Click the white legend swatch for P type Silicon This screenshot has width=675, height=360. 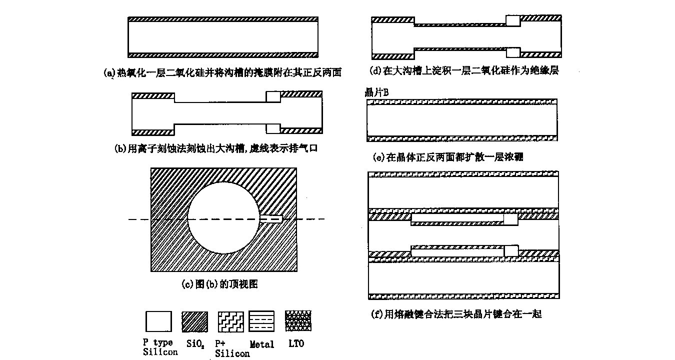click(x=158, y=321)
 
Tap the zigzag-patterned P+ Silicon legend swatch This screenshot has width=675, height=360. click(x=230, y=321)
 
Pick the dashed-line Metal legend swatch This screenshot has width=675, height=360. click(x=262, y=321)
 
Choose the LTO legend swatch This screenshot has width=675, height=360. click(x=298, y=321)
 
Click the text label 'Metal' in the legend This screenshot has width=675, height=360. click(x=261, y=344)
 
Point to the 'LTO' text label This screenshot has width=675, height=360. click(x=295, y=343)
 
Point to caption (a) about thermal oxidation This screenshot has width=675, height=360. click(x=222, y=72)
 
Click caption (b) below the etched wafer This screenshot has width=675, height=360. click(x=216, y=148)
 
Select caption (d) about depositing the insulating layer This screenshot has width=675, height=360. click(x=464, y=70)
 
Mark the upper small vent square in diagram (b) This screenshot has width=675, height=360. click(x=272, y=96)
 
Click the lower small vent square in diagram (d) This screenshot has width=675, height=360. click(x=512, y=52)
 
